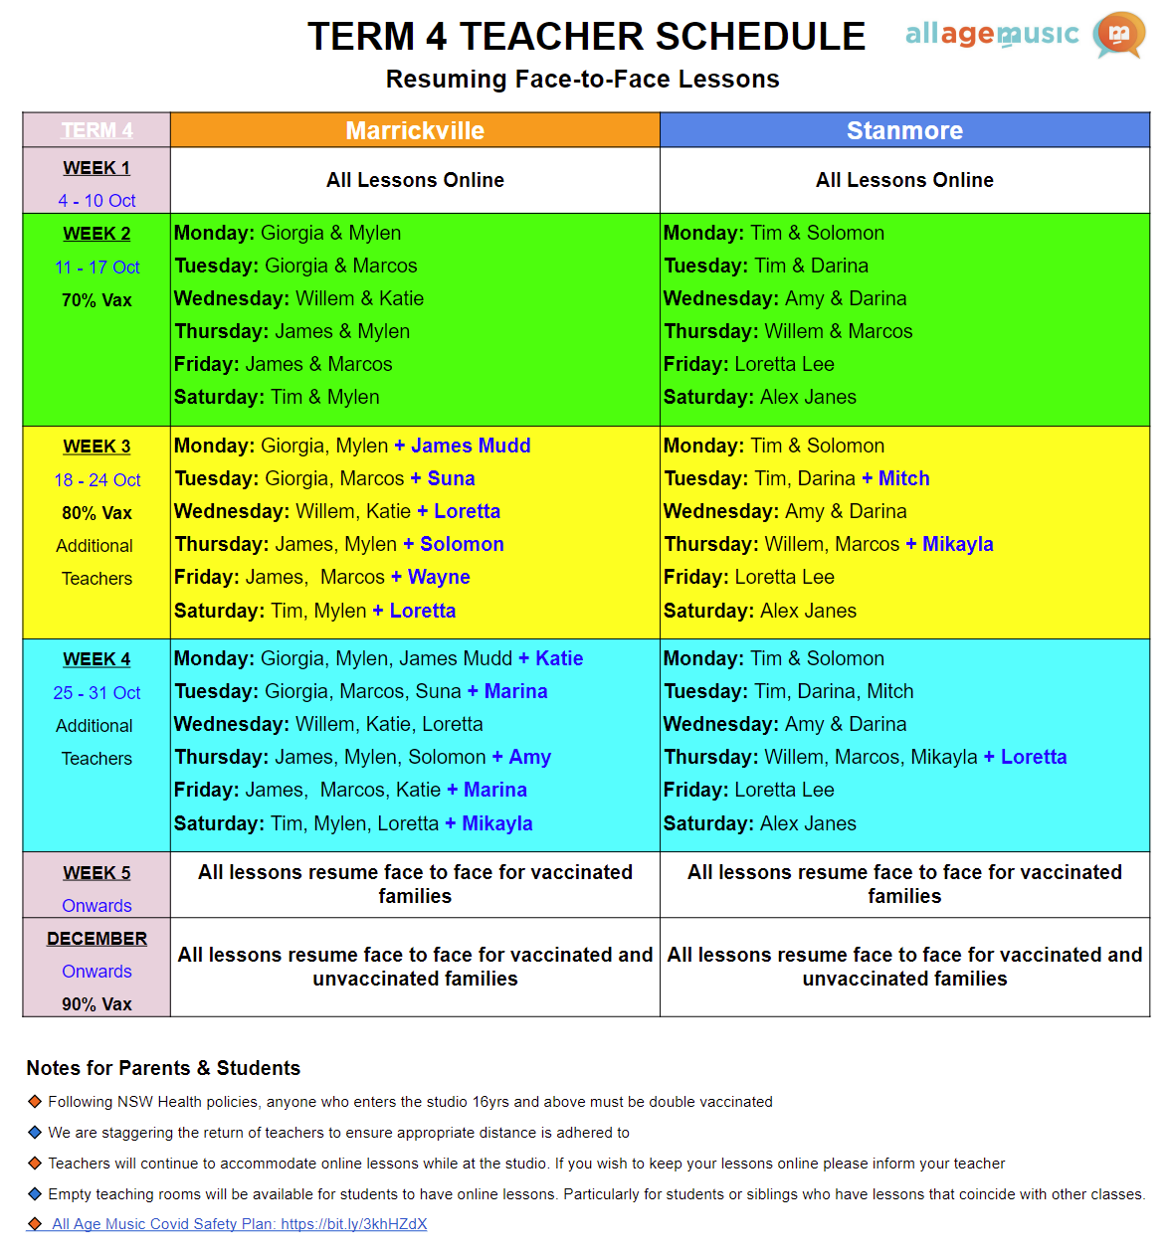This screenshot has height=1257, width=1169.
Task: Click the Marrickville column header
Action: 415,130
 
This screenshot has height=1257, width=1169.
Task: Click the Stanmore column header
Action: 904,130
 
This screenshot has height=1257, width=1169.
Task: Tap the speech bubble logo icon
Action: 1119,35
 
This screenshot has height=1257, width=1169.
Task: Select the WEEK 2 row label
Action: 97,234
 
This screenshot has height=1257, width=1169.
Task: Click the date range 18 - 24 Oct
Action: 97,480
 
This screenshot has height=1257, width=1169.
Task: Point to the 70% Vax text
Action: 97,300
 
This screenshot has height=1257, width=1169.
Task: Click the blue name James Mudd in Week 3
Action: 470,446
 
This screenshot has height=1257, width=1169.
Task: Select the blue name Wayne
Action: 439,577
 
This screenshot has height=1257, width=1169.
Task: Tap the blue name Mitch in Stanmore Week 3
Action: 903,478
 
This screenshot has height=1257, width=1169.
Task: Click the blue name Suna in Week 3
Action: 451,478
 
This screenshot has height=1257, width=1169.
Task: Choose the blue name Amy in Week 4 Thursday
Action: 529,757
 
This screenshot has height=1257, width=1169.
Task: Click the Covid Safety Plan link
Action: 239,1224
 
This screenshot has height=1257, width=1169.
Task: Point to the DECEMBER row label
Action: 97,939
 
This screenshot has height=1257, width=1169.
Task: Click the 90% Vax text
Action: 97,1004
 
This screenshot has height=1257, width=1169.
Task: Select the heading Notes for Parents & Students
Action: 163,1068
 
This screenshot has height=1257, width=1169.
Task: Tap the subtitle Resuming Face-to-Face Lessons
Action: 582,80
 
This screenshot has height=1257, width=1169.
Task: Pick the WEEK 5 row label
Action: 97,873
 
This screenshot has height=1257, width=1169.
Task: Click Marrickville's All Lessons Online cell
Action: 415,180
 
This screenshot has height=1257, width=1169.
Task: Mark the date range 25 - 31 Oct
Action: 97,693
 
